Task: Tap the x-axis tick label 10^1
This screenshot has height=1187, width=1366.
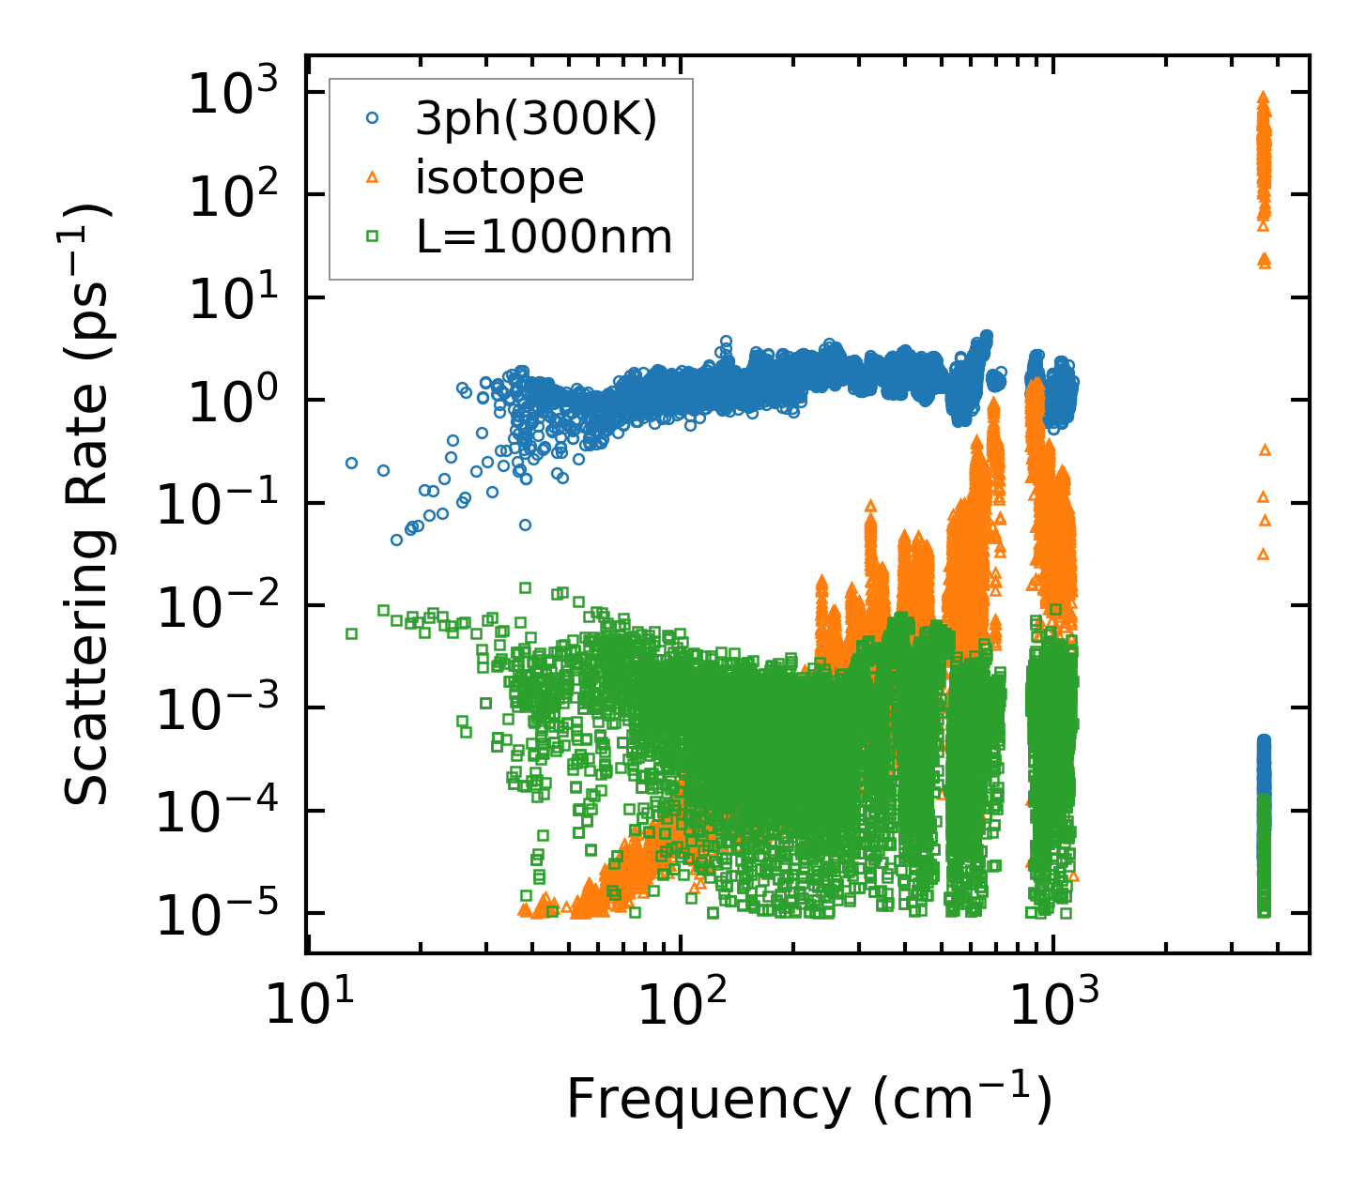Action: coord(306,1006)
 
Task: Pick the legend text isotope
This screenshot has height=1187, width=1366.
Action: coord(500,177)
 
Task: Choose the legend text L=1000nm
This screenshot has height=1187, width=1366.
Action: coord(545,237)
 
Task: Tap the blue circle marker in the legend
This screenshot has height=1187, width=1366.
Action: coord(373,118)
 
